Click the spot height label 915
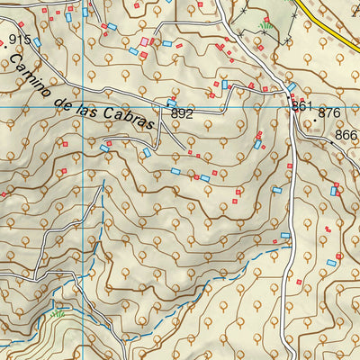[19, 40]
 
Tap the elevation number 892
[182, 114]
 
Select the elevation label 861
[301, 106]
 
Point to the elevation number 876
[329, 113]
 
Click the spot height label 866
[346, 136]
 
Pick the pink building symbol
[145, 41]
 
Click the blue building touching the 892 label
[171, 103]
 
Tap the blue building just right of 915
[38, 42]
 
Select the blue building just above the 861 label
[292, 88]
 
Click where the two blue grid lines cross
[83, 108]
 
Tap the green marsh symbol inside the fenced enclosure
[265, 24]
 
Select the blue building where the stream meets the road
[285, 236]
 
